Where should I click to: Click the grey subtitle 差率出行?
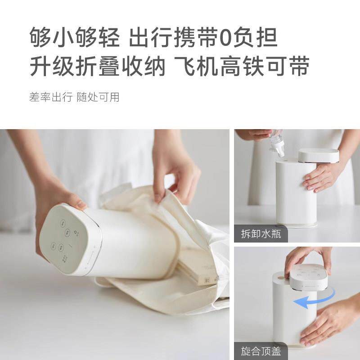click(x=50, y=97)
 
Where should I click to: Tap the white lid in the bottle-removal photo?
click(x=318, y=156)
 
